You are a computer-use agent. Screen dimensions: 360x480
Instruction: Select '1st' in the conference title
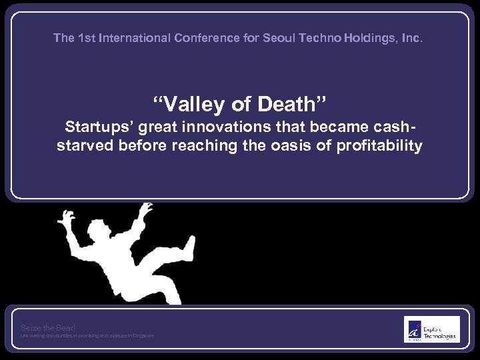[86, 39]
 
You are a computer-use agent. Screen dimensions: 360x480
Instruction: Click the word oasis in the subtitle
[297, 145]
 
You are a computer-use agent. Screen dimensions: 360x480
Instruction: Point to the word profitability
[380, 145]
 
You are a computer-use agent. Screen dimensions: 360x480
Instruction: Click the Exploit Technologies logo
[431, 329]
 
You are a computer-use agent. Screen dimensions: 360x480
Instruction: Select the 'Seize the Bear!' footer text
[48, 327]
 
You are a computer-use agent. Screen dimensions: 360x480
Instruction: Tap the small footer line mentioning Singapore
[87, 335]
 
